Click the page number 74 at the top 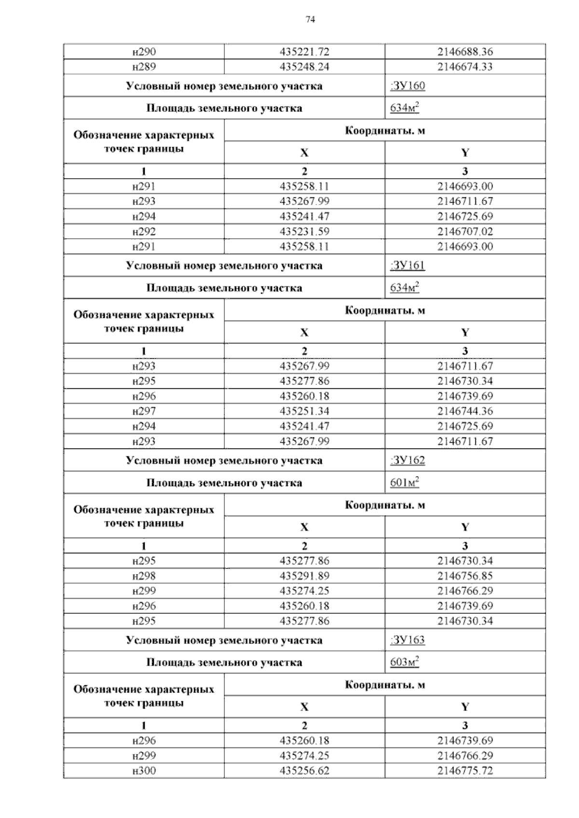[310, 19]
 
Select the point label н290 [144, 52]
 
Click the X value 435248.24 [304, 67]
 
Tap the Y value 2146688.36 [465, 52]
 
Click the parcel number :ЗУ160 [408, 86]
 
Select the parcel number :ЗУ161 [408, 265]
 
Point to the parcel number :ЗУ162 [408, 460]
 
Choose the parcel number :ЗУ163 [408, 640]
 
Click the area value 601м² [404, 482]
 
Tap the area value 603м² [404, 662]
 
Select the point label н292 [144, 232]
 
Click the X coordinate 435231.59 [304, 232]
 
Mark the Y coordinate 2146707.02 [465, 232]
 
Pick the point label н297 [144, 411]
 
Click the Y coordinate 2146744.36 [465, 411]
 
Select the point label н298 [144, 576]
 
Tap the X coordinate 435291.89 [304, 576]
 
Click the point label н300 [144, 771]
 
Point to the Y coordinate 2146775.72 [465, 771]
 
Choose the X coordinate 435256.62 [304, 771]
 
